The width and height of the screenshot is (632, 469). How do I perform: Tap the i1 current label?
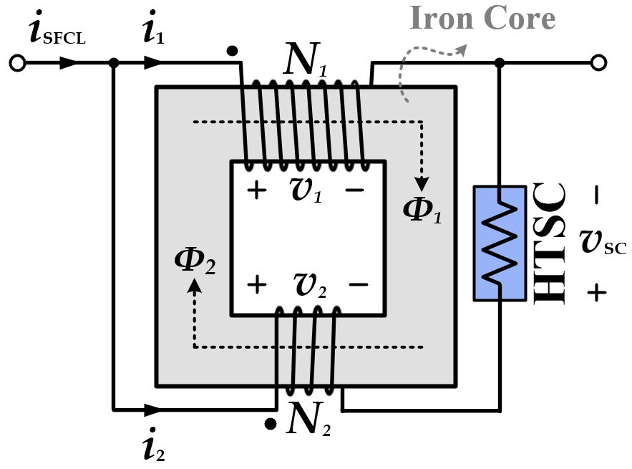point(153,32)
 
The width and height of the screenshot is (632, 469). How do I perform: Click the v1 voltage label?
point(306,190)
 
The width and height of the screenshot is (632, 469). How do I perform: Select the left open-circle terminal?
point(18,63)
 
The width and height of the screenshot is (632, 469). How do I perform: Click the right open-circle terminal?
point(599,63)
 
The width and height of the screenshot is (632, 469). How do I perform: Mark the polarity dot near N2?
point(269,424)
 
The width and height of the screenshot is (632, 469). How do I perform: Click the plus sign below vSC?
point(598,292)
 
